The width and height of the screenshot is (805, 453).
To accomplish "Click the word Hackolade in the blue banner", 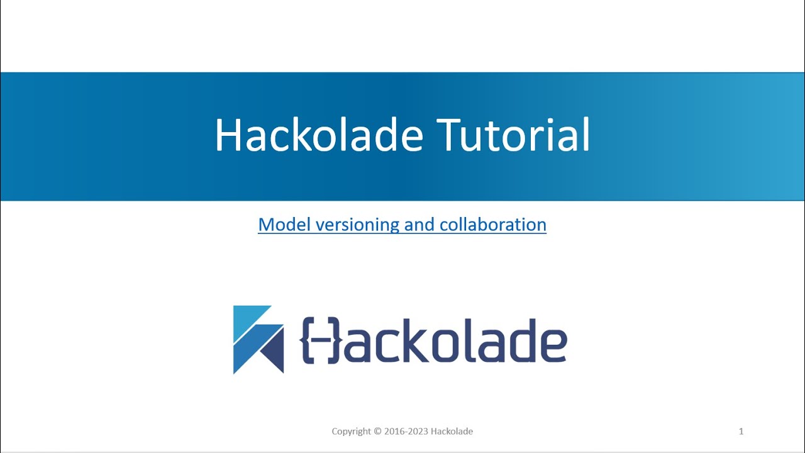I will coord(318,135).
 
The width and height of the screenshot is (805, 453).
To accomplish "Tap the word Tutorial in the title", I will coord(513,135).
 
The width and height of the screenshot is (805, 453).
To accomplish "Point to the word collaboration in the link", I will coord(493,225).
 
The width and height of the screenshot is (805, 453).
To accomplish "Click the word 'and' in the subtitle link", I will coord(419,225).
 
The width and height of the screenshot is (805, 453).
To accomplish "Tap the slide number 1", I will coord(741,431).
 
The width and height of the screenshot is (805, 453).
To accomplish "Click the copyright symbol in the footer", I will coord(377,432).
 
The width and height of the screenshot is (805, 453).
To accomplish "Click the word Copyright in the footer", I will coord(352,432).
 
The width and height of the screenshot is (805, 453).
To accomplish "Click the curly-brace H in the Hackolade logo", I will coord(321,340).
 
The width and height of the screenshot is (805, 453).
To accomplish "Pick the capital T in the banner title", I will coord(450,135).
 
